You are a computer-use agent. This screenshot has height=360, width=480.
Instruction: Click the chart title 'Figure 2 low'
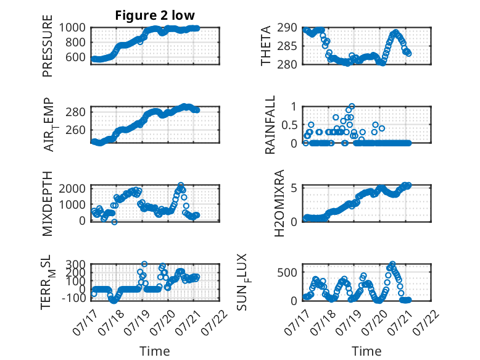tap(155, 15)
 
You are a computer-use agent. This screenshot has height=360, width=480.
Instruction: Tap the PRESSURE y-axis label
tap(48, 46)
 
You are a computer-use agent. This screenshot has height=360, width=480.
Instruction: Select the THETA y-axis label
tap(266, 46)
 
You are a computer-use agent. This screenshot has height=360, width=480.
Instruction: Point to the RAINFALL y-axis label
tap(270, 125)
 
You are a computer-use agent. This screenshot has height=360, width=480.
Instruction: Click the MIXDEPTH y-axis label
tap(48, 204)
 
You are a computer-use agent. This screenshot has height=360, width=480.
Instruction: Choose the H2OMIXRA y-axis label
tap(279, 203)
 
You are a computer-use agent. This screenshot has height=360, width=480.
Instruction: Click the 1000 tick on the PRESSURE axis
tap(72, 28)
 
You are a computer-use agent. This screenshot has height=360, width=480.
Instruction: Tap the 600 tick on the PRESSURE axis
tap(76, 57)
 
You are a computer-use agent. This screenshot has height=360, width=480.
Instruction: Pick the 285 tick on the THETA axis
tap(287, 46)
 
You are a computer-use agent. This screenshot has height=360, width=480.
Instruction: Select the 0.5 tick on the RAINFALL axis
tap(289, 125)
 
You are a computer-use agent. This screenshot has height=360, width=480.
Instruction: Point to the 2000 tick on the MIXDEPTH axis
tap(72, 188)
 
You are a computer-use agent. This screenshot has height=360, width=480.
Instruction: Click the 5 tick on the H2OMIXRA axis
tap(294, 188)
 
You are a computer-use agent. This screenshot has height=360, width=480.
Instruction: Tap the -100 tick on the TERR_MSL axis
tap(74, 298)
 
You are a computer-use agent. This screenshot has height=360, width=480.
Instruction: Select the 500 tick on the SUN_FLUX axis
tap(287, 272)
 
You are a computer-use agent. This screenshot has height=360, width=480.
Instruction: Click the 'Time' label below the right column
tap(366, 351)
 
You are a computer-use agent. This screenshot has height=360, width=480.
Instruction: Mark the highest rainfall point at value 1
tap(352, 106)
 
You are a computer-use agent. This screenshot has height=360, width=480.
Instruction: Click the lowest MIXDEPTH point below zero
tap(114, 222)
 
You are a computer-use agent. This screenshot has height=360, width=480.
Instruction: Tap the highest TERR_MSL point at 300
tap(144, 264)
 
